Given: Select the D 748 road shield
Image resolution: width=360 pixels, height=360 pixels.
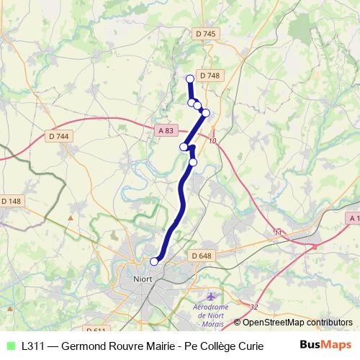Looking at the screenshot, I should click(x=210, y=75).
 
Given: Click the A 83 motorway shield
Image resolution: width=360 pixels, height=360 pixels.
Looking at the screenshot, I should click(x=165, y=130).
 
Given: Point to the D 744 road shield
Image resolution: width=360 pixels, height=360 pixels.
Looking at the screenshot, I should click(x=58, y=136).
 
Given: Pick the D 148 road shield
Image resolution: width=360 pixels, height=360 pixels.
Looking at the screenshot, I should click(x=12, y=200).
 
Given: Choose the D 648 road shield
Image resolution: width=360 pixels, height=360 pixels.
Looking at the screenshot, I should click(x=202, y=256).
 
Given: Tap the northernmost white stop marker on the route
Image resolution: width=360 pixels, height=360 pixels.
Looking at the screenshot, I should click(x=190, y=79).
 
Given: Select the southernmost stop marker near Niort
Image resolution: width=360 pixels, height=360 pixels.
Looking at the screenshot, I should click(x=154, y=261).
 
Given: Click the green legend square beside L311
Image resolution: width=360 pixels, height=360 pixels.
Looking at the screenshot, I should click(x=10, y=346).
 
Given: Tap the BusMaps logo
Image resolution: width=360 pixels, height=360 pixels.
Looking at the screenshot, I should click(x=325, y=345).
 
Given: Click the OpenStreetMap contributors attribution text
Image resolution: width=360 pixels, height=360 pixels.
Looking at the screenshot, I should click(x=292, y=323).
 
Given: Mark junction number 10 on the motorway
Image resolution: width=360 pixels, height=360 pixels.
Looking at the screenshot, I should click(x=212, y=142).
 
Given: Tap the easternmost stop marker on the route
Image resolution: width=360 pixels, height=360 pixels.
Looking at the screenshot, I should click(x=206, y=112).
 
